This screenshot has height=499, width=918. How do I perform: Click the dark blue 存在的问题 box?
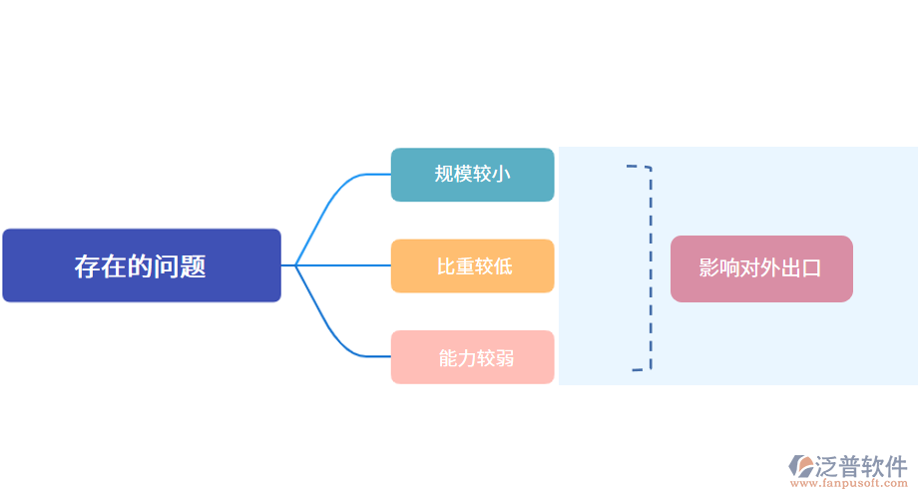click(141, 265)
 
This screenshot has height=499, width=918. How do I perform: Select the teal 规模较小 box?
click(472, 175)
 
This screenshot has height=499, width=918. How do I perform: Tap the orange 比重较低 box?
click(472, 265)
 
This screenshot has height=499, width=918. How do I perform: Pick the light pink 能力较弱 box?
click(472, 357)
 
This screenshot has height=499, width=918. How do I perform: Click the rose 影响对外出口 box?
click(761, 268)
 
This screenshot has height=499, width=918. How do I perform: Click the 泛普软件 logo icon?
click(801, 466)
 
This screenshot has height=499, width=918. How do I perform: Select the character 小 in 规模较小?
click(502, 175)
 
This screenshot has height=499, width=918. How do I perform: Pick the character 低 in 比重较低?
click(502, 266)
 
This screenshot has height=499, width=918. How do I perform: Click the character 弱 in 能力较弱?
click(504, 358)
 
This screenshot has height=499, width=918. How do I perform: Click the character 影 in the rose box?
click(709, 268)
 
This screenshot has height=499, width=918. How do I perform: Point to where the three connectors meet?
click(295, 265)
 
